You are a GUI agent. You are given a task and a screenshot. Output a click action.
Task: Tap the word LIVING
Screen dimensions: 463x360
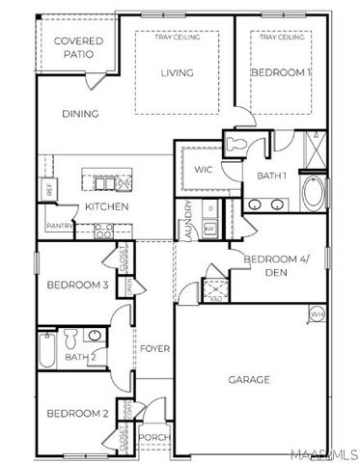[177, 72]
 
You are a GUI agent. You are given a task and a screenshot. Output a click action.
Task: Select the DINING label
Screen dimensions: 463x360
[81, 114]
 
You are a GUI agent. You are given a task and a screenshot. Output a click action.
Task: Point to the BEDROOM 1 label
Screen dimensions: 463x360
[281, 72]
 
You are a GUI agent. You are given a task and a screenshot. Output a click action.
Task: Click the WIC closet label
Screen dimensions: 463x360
[203, 170]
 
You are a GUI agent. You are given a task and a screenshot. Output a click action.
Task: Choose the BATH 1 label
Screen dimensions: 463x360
[271, 175]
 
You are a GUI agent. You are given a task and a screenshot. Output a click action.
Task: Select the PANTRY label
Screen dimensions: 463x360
[59, 226]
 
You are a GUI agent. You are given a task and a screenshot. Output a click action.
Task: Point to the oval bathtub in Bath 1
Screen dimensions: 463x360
[314, 194]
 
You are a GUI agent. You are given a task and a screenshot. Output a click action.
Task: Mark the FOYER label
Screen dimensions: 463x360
[153, 348]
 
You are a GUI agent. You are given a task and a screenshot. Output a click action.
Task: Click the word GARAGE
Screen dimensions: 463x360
[249, 379]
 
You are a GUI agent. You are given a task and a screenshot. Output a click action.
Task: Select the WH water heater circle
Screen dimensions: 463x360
[316, 313]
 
